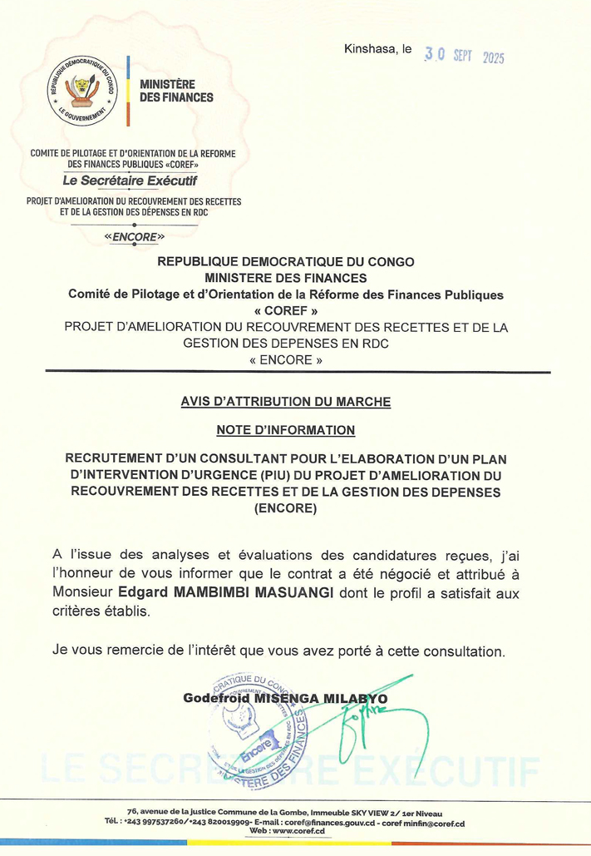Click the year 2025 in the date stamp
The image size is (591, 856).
(489, 57)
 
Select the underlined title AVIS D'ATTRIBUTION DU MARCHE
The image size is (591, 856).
(285, 401)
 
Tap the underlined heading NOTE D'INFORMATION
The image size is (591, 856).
(285, 430)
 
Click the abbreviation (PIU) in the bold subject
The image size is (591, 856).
(274, 475)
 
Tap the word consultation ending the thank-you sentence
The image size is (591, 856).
(463, 647)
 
